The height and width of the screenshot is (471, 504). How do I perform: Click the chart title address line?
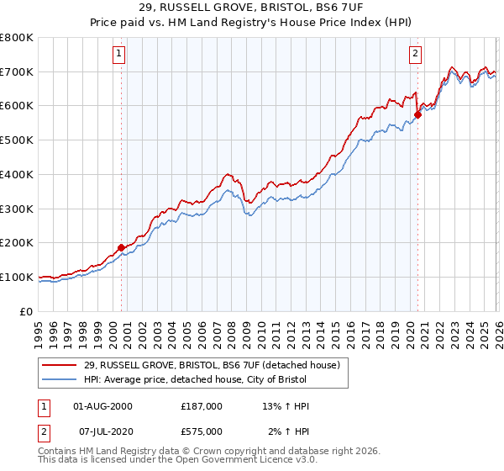point(251,8)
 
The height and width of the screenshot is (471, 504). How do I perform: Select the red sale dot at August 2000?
point(121,247)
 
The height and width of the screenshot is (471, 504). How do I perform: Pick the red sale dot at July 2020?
point(417,114)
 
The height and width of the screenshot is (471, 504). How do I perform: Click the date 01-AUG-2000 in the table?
point(102,406)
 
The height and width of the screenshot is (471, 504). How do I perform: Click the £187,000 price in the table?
point(202,406)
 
